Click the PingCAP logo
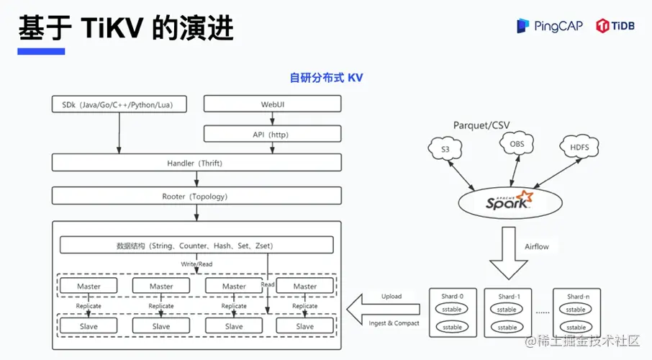(x=548, y=26)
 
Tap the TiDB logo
(x=617, y=26)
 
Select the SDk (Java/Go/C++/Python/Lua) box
(x=118, y=104)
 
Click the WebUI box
(x=271, y=104)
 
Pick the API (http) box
(x=271, y=134)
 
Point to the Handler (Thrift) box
(x=196, y=163)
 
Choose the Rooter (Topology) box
(x=196, y=196)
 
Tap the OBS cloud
(x=517, y=144)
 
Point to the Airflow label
(x=537, y=247)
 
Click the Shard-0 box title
(x=452, y=297)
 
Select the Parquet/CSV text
(x=481, y=125)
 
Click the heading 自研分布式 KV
(x=326, y=78)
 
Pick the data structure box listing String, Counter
(x=195, y=246)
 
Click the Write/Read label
(x=196, y=264)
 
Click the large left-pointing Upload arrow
(x=381, y=310)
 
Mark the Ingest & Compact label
(x=394, y=323)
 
